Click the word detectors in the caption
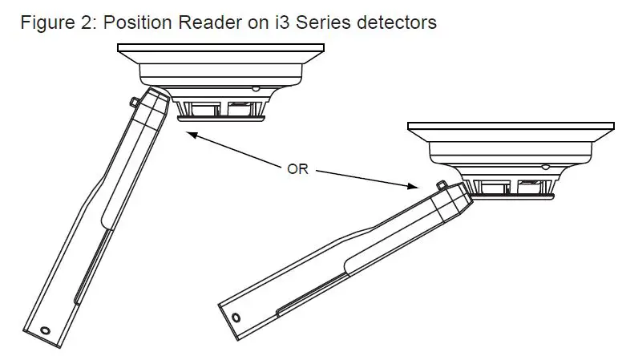tap(392, 22)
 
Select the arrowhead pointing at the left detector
tap(188, 136)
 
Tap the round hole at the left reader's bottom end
tap(46, 330)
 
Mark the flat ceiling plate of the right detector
tap(511, 127)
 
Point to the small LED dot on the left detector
tap(254, 88)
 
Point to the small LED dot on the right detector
tap(546, 168)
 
